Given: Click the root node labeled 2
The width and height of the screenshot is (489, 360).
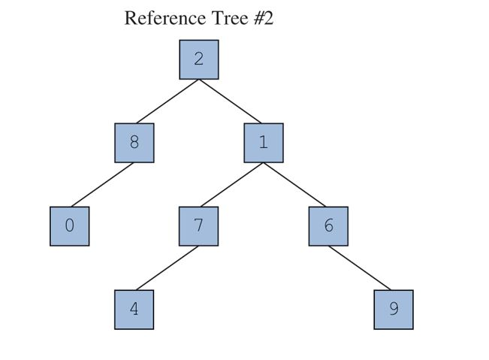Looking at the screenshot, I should [198, 60].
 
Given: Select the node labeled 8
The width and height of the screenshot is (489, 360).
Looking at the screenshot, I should [134, 143].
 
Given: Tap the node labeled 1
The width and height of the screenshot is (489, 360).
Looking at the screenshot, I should [264, 143].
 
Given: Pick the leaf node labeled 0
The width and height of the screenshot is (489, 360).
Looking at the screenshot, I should [69, 226].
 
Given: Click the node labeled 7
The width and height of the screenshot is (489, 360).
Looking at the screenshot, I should [198, 226].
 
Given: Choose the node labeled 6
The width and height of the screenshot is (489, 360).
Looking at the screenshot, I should [328, 226].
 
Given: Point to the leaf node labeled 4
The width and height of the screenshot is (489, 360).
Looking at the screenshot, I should [134, 310].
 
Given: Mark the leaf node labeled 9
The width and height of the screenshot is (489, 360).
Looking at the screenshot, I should [393, 310].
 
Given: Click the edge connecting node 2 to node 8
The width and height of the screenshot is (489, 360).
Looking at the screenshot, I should [167, 101].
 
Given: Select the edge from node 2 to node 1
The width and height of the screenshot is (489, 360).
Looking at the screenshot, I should [231, 101].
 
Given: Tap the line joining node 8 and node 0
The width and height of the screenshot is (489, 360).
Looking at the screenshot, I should [102, 184].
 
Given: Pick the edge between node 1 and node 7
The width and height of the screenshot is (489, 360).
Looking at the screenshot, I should [231, 184].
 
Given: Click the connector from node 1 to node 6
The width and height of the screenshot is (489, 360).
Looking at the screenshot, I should [296, 184].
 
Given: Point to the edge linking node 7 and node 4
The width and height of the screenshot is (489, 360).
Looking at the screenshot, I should [167, 268].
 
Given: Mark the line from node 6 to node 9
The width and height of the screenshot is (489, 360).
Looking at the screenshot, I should [361, 268].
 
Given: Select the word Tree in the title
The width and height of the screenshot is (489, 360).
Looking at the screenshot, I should [222, 18].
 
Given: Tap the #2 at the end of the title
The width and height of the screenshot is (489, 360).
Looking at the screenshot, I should [262, 18].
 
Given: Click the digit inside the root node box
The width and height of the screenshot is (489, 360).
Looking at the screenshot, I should [198, 59].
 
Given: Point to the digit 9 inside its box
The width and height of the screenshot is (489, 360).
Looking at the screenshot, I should [393, 309].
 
